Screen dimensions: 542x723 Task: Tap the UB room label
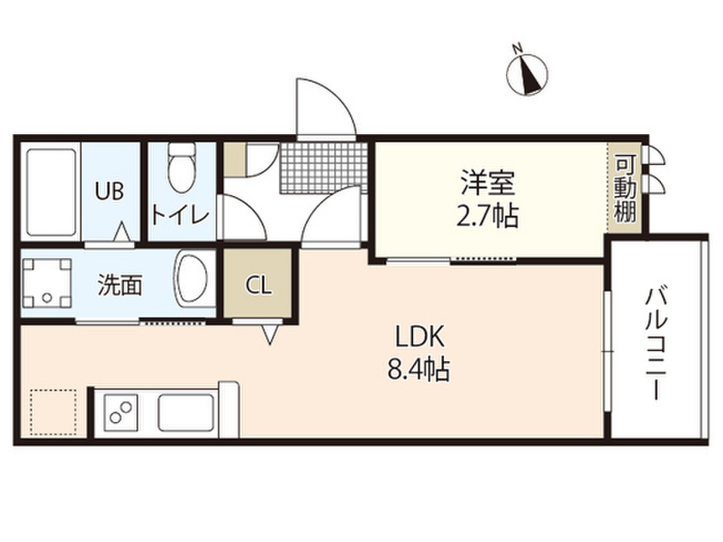click(x=110, y=191)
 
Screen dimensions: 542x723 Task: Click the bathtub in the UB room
click(x=50, y=192)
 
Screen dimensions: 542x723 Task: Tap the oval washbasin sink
click(x=193, y=280)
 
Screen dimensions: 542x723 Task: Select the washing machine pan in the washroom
click(x=47, y=284)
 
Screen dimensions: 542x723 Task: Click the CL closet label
click(x=258, y=284)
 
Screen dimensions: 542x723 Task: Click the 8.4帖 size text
click(x=419, y=369)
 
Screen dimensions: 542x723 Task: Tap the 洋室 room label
click(x=489, y=183)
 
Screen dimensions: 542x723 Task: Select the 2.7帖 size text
click(x=489, y=216)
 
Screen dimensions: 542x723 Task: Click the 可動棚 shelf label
click(x=624, y=189)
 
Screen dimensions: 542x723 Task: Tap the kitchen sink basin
click(x=186, y=412)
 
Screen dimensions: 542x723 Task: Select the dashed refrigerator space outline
click(x=52, y=412)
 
